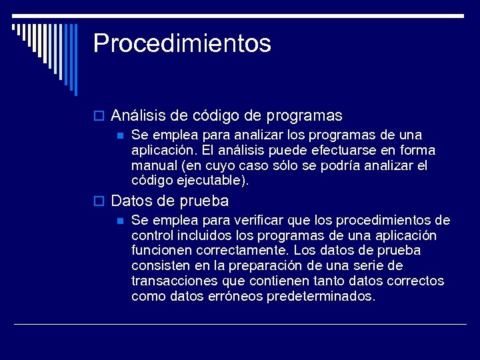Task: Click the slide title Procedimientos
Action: coord(182,43)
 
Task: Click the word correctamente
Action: coord(243,251)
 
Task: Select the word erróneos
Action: coord(236,297)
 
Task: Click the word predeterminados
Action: coord(321,297)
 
